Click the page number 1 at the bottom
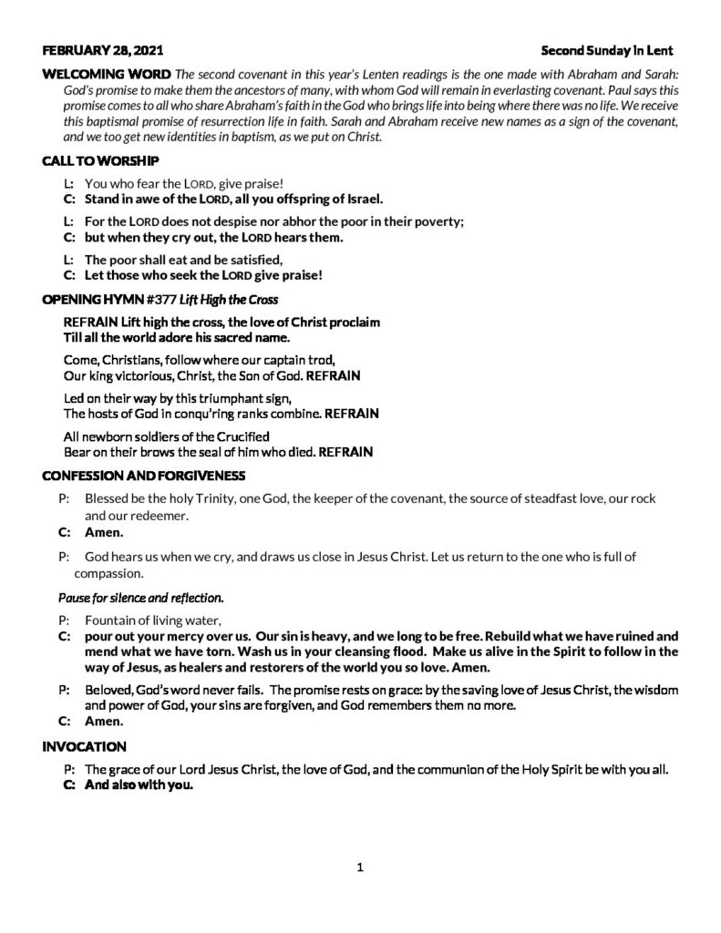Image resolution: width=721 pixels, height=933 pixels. tap(360, 867)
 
